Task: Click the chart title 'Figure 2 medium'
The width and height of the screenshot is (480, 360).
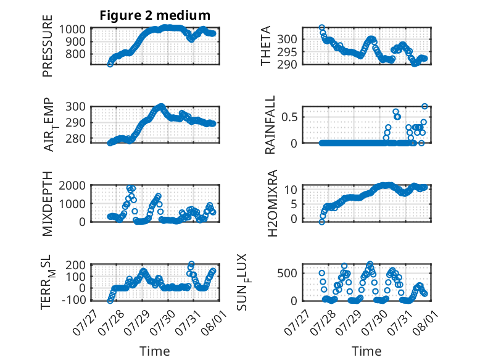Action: click(155, 15)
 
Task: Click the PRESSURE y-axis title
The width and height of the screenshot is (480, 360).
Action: click(48, 46)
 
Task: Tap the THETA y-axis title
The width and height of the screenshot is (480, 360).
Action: click(266, 46)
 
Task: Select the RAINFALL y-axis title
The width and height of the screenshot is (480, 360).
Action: click(270, 125)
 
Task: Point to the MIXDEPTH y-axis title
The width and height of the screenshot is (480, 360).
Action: click(48, 204)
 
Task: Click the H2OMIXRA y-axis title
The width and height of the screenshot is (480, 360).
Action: click(272, 203)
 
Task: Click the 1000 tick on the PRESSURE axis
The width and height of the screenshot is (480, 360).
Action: click(72, 30)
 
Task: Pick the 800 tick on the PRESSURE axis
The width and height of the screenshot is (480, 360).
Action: click(76, 54)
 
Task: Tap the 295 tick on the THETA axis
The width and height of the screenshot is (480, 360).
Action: click(287, 52)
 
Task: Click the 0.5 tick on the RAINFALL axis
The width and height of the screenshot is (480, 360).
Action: click(289, 117)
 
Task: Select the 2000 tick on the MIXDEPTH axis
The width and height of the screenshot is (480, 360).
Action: click(72, 185)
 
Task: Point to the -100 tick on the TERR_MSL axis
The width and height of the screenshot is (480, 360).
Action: click(74, 299)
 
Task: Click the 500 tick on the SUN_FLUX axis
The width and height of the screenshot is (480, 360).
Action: click(287, 274)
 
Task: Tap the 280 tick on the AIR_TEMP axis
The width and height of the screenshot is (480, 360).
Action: click(76, 139)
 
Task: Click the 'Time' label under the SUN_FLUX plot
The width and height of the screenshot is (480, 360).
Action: click(366, 351)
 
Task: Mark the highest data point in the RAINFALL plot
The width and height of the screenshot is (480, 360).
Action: click(424, 106)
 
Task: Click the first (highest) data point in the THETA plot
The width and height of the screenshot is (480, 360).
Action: click(321, 28)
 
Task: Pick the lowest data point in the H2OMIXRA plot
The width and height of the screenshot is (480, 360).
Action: click(321, 222)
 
